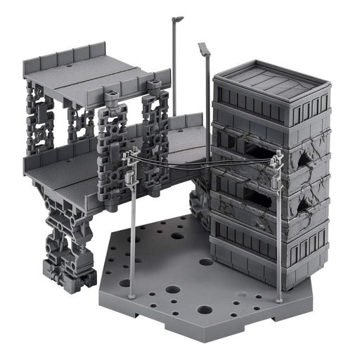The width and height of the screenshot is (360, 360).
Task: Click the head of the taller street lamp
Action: (177, 19)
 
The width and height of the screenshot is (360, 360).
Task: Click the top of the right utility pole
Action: (276, 158)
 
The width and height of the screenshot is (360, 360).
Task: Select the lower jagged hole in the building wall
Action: (303, 205)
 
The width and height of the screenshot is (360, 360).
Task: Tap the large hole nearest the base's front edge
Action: (205, 309)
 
